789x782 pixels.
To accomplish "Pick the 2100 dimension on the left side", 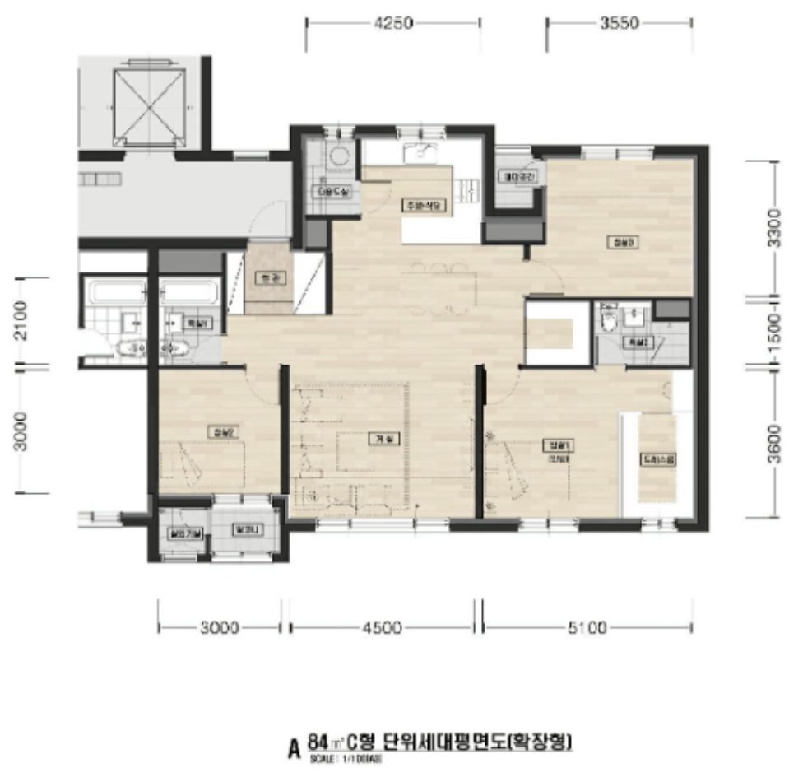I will point(21,321).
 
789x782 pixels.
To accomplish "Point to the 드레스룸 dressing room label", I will point(658,462).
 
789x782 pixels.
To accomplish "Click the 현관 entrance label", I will point(265,278).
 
